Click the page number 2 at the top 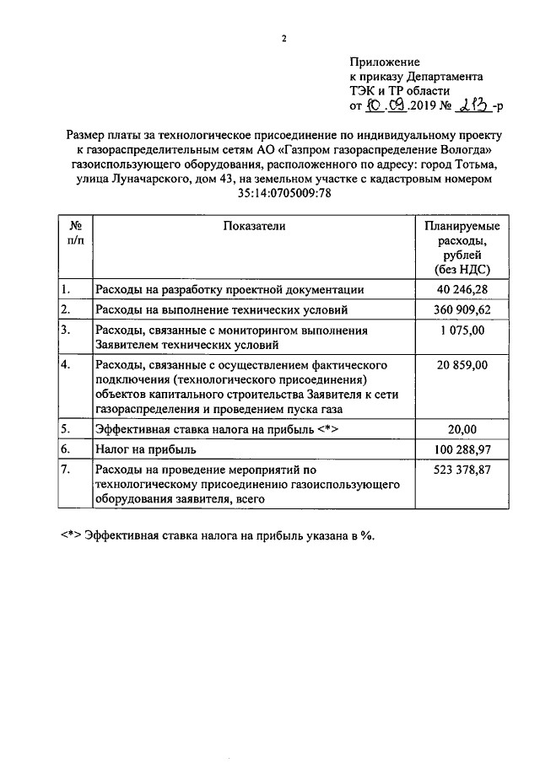click(284, 38)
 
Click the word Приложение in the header click(384, 62)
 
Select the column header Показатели click(255, 227)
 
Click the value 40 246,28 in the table click(462, 289)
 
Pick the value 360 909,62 click(462, 310)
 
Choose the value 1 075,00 click(462, 330)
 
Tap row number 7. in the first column click(65, 470)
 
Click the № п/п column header click(75, 234)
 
